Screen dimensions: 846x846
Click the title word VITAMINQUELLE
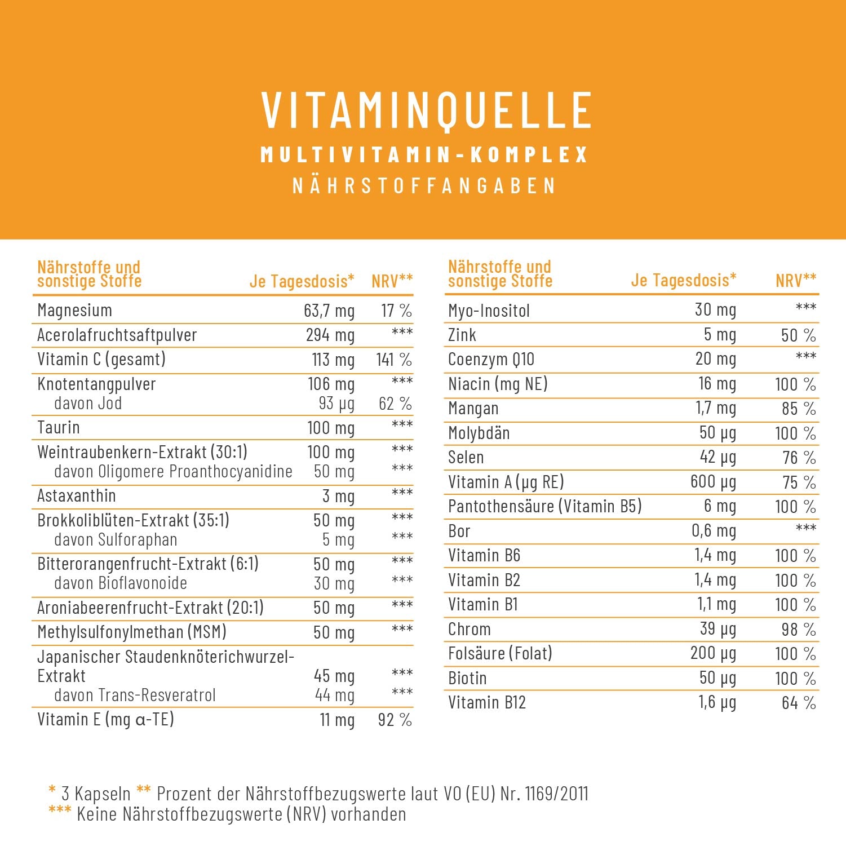(x=426, y=110)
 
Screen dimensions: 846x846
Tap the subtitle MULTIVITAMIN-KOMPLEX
(x=424, y=155)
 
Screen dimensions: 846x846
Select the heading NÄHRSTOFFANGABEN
(x=424, y=186)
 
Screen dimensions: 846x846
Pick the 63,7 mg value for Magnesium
(x=329, y=311)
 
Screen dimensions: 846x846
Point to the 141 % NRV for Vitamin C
(x=394, y=360)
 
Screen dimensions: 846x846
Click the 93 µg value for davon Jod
(x=336, y=404)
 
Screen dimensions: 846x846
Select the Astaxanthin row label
(x=77, y=496)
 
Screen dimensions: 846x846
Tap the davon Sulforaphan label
(x=116, y=540)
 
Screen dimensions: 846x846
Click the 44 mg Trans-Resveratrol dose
(x=335, y=696)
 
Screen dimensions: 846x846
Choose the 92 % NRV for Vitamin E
(x=395, y=720)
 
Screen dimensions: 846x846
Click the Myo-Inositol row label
(x=489, y=311)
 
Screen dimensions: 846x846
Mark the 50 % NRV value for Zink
(x=798, y=335)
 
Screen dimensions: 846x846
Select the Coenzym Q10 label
(x=491, y=360)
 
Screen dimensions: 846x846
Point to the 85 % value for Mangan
(x=799, y=409)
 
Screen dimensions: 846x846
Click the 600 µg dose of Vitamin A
(x=713, y=482)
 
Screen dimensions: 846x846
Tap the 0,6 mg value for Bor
(x=714, y=531)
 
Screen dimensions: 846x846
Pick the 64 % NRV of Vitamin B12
(x=799, y=703)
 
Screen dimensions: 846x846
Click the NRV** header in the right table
(x=796, y=280)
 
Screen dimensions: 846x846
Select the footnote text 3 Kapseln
(x=96, y=794)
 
